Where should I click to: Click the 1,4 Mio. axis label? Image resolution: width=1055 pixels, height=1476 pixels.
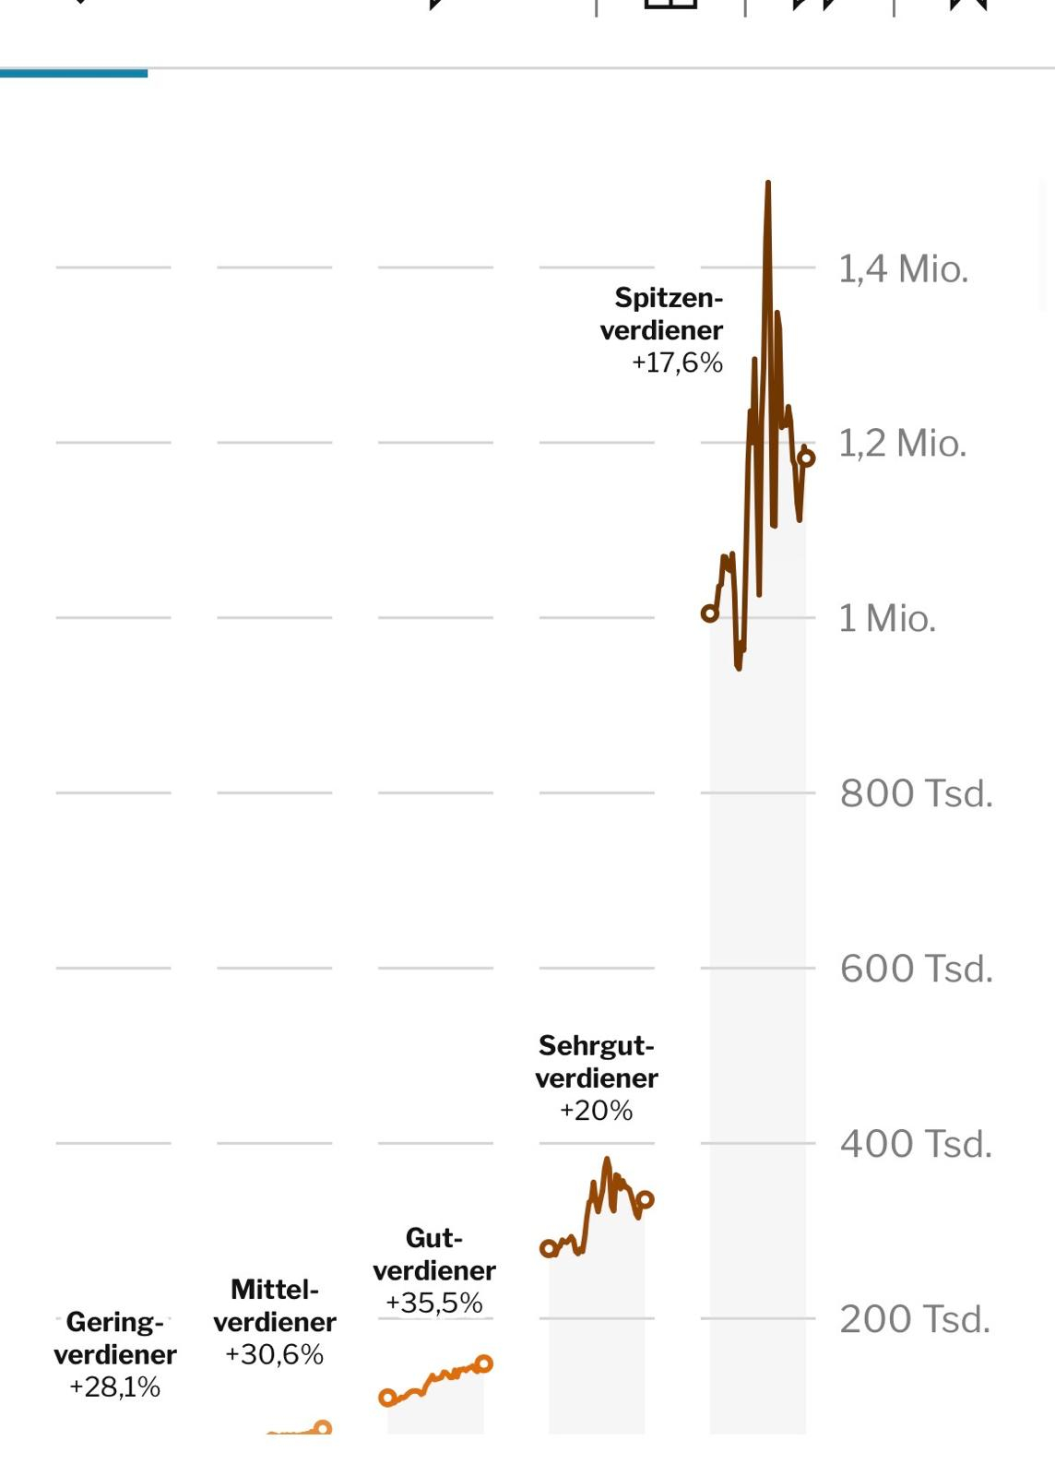point(903,269)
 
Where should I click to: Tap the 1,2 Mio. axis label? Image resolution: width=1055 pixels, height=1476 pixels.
point(902,444)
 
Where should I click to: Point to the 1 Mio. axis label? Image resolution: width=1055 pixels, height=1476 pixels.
point(886,618)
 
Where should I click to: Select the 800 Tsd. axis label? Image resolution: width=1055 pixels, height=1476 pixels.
point(916,793)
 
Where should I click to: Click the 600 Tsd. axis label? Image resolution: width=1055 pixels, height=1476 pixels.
point(916,969)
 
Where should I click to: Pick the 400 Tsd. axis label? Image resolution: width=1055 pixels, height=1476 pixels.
point(916,1144)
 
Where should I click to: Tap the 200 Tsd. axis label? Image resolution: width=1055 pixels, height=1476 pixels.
point(915,1319)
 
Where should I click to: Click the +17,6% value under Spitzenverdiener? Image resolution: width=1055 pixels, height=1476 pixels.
point(677,363)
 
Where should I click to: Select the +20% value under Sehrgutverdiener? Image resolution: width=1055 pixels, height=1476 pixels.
point(596,1110)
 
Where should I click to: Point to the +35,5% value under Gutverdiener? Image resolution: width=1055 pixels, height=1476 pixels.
point(434,1303)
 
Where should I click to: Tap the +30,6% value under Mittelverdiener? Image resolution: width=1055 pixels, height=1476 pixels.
point(274,1354)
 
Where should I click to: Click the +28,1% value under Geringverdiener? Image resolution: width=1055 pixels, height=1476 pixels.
point(114,1387)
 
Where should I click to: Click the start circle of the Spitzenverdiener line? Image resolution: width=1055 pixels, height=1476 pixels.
point(709,613)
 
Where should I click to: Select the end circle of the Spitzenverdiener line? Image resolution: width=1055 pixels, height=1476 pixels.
point(806,458)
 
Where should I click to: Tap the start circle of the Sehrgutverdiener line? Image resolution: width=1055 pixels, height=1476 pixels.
point(548,1249)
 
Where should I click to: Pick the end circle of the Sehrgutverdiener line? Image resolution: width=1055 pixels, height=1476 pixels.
point(645,1200)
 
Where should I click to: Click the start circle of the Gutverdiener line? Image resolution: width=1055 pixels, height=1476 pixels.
point(387,1399)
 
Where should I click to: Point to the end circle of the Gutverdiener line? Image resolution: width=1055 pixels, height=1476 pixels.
point(484,1363)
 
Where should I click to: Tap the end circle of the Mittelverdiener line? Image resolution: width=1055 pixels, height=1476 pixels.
point(323,1428)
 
